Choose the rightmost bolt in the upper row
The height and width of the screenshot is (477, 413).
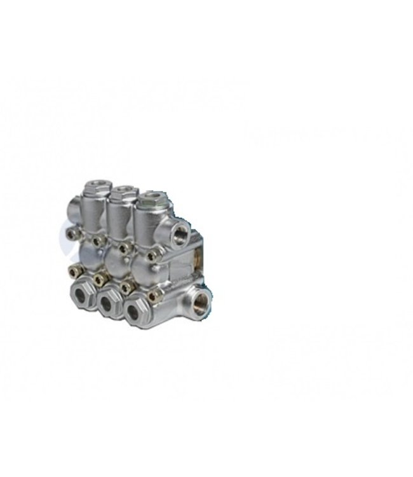point(152,254)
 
